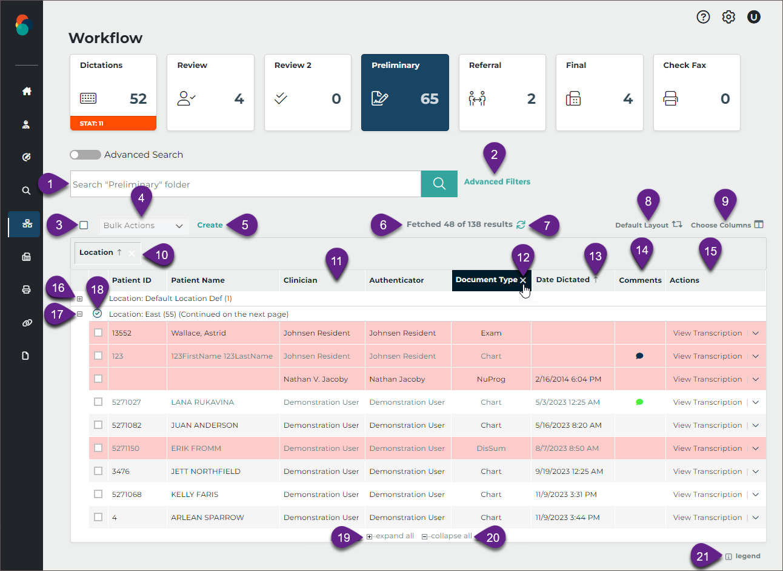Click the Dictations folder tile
click(x=113, y=92)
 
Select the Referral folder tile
click(x=502, y=92)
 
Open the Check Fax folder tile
click(x=696, y=92)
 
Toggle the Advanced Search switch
click(x=85, y=155)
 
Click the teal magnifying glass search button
click(x=439, y=184)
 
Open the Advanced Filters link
click(x=497, y=181)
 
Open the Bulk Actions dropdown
click(x=143, y=226)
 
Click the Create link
click(x=210, y=225)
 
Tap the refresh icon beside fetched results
click(x=521, y=225)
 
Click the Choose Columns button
click(x=727, y=225)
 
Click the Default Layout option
click(x=648, y=225)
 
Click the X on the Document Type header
click(x=523, y=280)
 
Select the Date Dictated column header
click(x=563, y=280)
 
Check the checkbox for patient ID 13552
click(x=98, y=333)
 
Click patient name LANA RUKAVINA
click(x=202, y=402)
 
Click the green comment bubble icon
click(x=639, y=402)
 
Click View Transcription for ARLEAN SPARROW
click(x=707, y=518)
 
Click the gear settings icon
click(x=728, y=17)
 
